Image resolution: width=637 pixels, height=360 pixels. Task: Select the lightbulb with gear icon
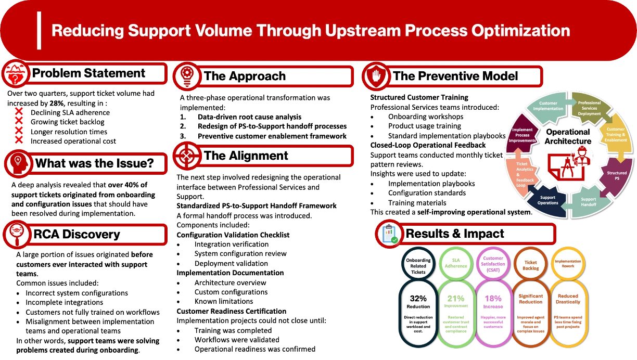[x=186, y=76]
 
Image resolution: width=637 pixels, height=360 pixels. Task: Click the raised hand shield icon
[x=375, y=76]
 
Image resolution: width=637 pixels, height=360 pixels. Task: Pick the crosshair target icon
[x=186, y=156]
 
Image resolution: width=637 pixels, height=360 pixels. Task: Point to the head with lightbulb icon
[x=18, y=163]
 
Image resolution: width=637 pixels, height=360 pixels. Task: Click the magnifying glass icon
[x=17, y=235]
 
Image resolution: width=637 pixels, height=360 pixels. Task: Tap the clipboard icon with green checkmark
[x=389, y=234]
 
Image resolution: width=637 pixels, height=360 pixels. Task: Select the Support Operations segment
[x=547, y=200]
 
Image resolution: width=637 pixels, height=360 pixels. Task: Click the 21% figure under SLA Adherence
[x=455, y=299]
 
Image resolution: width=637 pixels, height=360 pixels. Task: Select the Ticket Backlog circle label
[x=530, y=265]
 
